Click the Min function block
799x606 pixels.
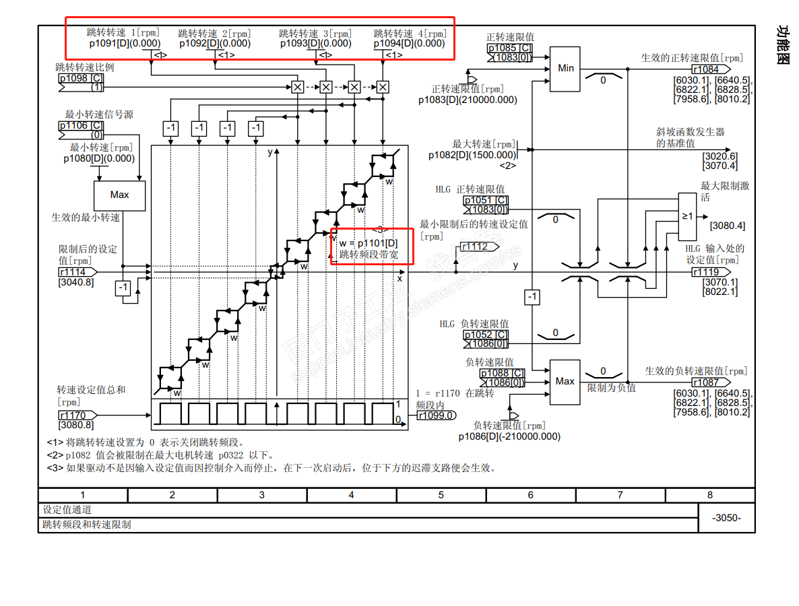565,68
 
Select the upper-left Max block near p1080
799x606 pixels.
119,195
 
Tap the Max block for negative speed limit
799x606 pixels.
565,382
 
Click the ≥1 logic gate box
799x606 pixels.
687,217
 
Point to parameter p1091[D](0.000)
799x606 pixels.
125,43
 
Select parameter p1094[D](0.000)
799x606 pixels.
410,43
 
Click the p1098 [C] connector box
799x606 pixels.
81,78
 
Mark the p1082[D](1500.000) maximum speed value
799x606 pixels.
472,155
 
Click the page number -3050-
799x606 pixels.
726,518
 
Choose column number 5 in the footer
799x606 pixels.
441,495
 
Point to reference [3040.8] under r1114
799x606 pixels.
76,282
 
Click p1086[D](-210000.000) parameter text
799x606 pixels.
509,436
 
